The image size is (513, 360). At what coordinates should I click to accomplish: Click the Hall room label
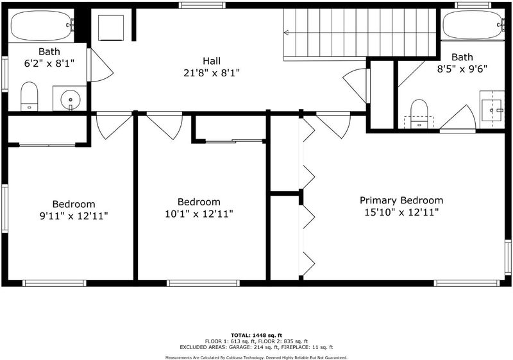point(212,61)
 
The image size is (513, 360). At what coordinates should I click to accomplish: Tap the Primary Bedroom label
point(401,200)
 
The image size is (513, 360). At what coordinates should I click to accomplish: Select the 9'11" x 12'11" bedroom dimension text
point(74,216)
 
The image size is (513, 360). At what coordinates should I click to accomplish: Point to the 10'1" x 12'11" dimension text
point(199,214)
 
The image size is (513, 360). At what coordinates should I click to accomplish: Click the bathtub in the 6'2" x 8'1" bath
point(41,26)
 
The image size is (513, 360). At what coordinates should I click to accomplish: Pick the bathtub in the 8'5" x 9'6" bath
point(473,25)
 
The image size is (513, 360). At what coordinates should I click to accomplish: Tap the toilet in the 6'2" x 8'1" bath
point(29,96)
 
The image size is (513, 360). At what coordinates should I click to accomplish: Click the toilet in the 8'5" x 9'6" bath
point(419,114)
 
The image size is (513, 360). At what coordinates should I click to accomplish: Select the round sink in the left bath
point(71,99)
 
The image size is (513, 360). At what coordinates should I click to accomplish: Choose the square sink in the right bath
point(491,110)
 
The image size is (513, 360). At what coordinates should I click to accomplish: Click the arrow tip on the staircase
point(284,32)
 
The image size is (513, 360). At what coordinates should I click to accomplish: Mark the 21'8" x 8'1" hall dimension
point(212,73)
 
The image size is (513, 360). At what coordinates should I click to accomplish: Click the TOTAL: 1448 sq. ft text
point(256,335)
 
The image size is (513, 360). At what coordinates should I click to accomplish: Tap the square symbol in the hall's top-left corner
point(111,28)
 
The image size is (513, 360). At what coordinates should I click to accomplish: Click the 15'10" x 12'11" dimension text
point(401,212)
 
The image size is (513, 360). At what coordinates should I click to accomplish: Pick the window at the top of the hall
point(202,5)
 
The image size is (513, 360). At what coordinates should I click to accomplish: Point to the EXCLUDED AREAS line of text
point(256,347)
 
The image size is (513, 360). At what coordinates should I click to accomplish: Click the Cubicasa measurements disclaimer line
point(256,357)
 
